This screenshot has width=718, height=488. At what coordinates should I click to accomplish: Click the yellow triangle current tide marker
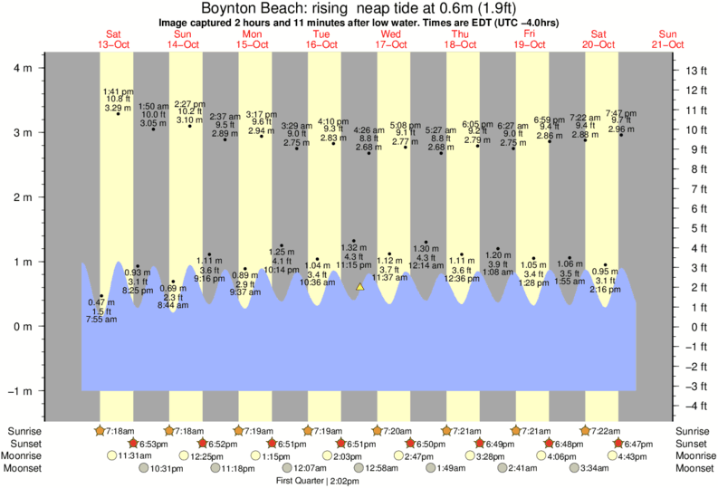pos(359,287)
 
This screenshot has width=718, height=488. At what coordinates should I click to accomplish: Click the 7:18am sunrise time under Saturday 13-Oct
pos(120,431)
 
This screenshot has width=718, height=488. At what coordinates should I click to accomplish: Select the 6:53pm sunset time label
pos(156,444)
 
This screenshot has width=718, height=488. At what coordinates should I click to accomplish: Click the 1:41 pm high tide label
pos(119,91)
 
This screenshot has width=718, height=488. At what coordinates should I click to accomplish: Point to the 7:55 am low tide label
pos(101,319)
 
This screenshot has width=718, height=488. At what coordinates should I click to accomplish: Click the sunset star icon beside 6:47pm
pos(618,444)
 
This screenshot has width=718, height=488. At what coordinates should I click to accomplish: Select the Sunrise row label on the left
pos(24,431)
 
